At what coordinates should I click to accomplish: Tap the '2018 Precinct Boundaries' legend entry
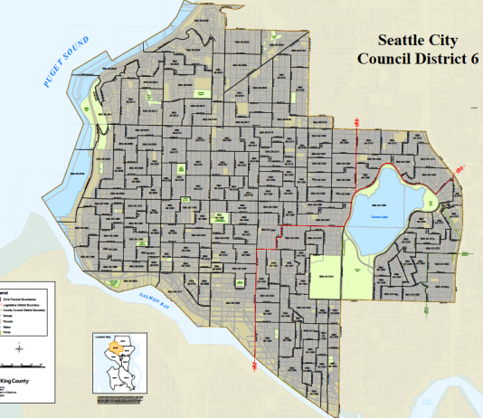pos(19,299)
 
